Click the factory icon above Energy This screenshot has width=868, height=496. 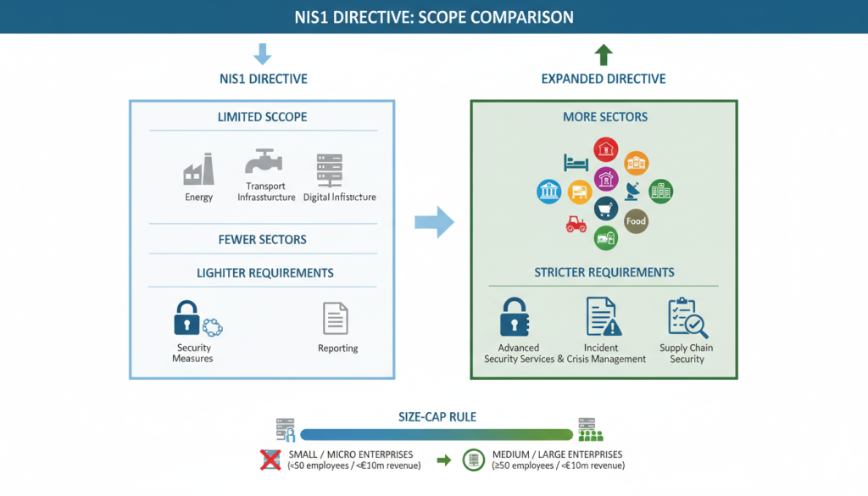click(198, 170)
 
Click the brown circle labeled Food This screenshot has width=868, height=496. click(636, 221)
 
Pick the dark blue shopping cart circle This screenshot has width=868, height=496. click(606, 209)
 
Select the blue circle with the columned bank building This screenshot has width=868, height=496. click(548, 192)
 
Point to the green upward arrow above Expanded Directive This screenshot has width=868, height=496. click(603, 56)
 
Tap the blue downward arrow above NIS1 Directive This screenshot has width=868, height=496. click(263, 55)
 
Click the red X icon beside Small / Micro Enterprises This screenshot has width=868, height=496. click(270, 460)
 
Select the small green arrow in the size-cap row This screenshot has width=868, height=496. click(442, 460)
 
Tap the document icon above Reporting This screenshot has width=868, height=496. click(337, 319)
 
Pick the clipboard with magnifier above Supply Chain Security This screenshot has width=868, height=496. click(687, 318)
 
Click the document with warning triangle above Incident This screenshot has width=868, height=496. click(603, 317)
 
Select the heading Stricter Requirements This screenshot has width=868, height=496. click(604, 272)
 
